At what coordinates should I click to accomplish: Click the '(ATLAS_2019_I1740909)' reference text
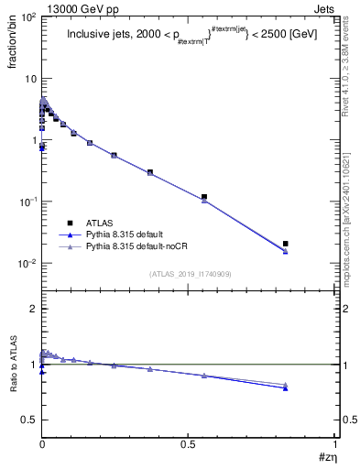(188, 274)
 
